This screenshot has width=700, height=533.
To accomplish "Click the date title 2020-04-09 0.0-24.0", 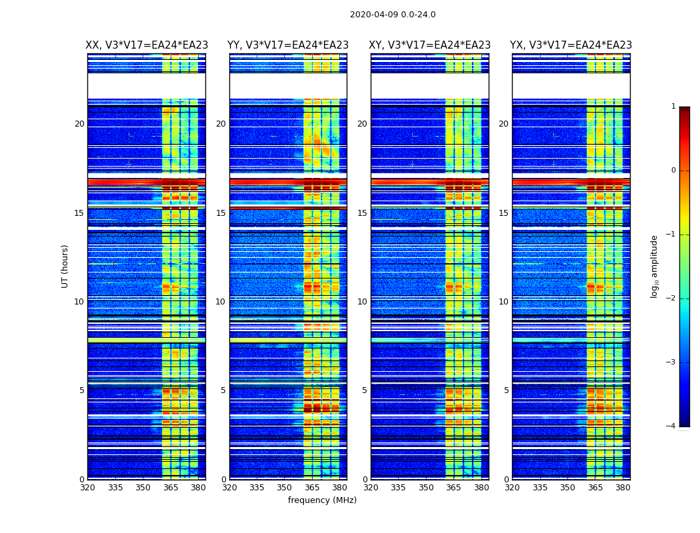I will pyautogui.click(x=393, y=15).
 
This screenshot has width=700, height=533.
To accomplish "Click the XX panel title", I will pyautogui.click(x=147, y=45).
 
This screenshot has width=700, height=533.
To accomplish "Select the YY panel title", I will pyautogui.click(x=288, y=45).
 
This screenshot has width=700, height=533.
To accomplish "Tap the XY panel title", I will pyautogui.click(x=430, y=45).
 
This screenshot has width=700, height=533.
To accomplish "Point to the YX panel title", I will pyautogui.click(x=571, y=45).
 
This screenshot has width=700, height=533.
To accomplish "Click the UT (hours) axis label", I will pyautogui.click(x=65, y=266).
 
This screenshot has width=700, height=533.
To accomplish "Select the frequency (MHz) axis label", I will pyautogui.click(x=322, y=500).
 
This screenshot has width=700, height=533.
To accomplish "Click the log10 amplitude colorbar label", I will pyautogui.click(x=655, y=266).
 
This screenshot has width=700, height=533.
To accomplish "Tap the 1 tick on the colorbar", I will pyautogui.click(x=673, y=107).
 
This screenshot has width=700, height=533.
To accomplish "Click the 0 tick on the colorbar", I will pyautogui.click(x=673, y=171).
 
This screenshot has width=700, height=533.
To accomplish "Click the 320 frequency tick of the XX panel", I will pyautogui.click(x=87, y=488).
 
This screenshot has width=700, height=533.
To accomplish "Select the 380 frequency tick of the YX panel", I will pyautogui.click(x=623, y=488).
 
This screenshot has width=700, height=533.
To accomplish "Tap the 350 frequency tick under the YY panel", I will pyautogui.click(x=285, y=488).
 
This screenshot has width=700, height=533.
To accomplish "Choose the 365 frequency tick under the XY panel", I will pyautogui.click(x=453, y=488).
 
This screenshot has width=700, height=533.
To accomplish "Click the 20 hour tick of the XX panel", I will pyautogui.click(x=79, y=124).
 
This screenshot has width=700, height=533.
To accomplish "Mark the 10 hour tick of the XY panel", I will pyautogui.click(x=362, y=302).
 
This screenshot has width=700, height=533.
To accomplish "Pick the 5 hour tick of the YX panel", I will pyautogui.click(x=506, y=390).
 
